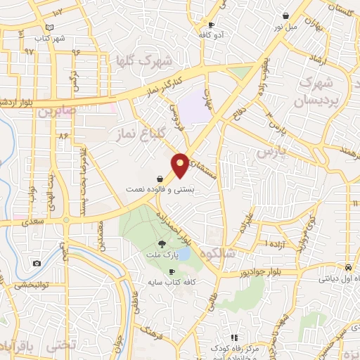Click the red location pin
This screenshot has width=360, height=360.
click(x=180, y=164)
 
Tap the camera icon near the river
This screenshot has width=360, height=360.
click(x=37, y=264)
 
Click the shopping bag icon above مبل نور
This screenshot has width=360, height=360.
click(x=285, y=16)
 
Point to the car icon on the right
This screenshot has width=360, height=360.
click(x=349, y=267)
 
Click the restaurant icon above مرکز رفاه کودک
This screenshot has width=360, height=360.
click(x=234, y=338)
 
